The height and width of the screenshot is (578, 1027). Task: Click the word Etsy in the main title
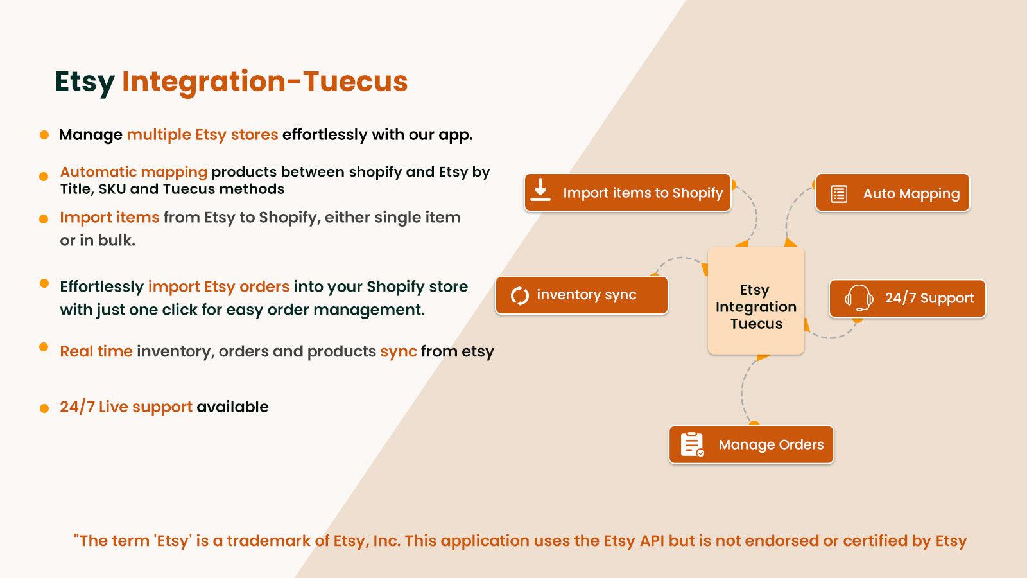coord(84,82)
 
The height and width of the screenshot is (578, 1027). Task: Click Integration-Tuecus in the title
coord(264,82)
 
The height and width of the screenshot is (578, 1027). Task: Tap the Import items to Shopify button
coord(628,193)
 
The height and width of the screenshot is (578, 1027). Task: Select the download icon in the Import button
coord(541,190)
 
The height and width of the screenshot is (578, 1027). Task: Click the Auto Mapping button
coord(892,193)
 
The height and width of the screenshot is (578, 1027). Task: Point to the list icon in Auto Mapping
coord(839,194)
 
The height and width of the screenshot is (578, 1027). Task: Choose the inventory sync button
coord(582,295)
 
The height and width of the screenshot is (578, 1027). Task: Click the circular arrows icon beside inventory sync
coord(519,295)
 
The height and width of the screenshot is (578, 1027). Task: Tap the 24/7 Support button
coord(907,299)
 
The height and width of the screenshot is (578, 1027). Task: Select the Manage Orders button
coord(751,444)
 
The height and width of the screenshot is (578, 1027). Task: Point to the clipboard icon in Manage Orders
coord(692,444)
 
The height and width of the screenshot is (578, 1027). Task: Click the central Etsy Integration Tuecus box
coord(756,301)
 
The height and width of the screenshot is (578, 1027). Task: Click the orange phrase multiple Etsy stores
coord(202,135)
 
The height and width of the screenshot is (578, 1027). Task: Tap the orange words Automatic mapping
coord(134,172)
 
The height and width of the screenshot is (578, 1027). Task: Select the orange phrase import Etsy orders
coord(218,286)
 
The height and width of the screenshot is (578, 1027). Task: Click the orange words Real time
coord(96,351)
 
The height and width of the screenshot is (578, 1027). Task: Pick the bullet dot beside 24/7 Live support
coord(44,408)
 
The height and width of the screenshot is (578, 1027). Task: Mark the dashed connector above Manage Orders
coord(743,392)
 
